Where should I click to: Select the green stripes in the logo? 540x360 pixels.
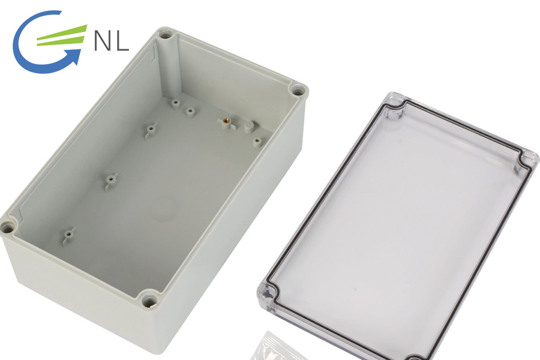click(x=62, y=35)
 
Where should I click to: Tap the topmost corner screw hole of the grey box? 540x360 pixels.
click(x=166, y=35)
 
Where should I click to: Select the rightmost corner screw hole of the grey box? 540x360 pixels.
click(x=297, y=91)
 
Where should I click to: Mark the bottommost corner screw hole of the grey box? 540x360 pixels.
click(x=149, y=302)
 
